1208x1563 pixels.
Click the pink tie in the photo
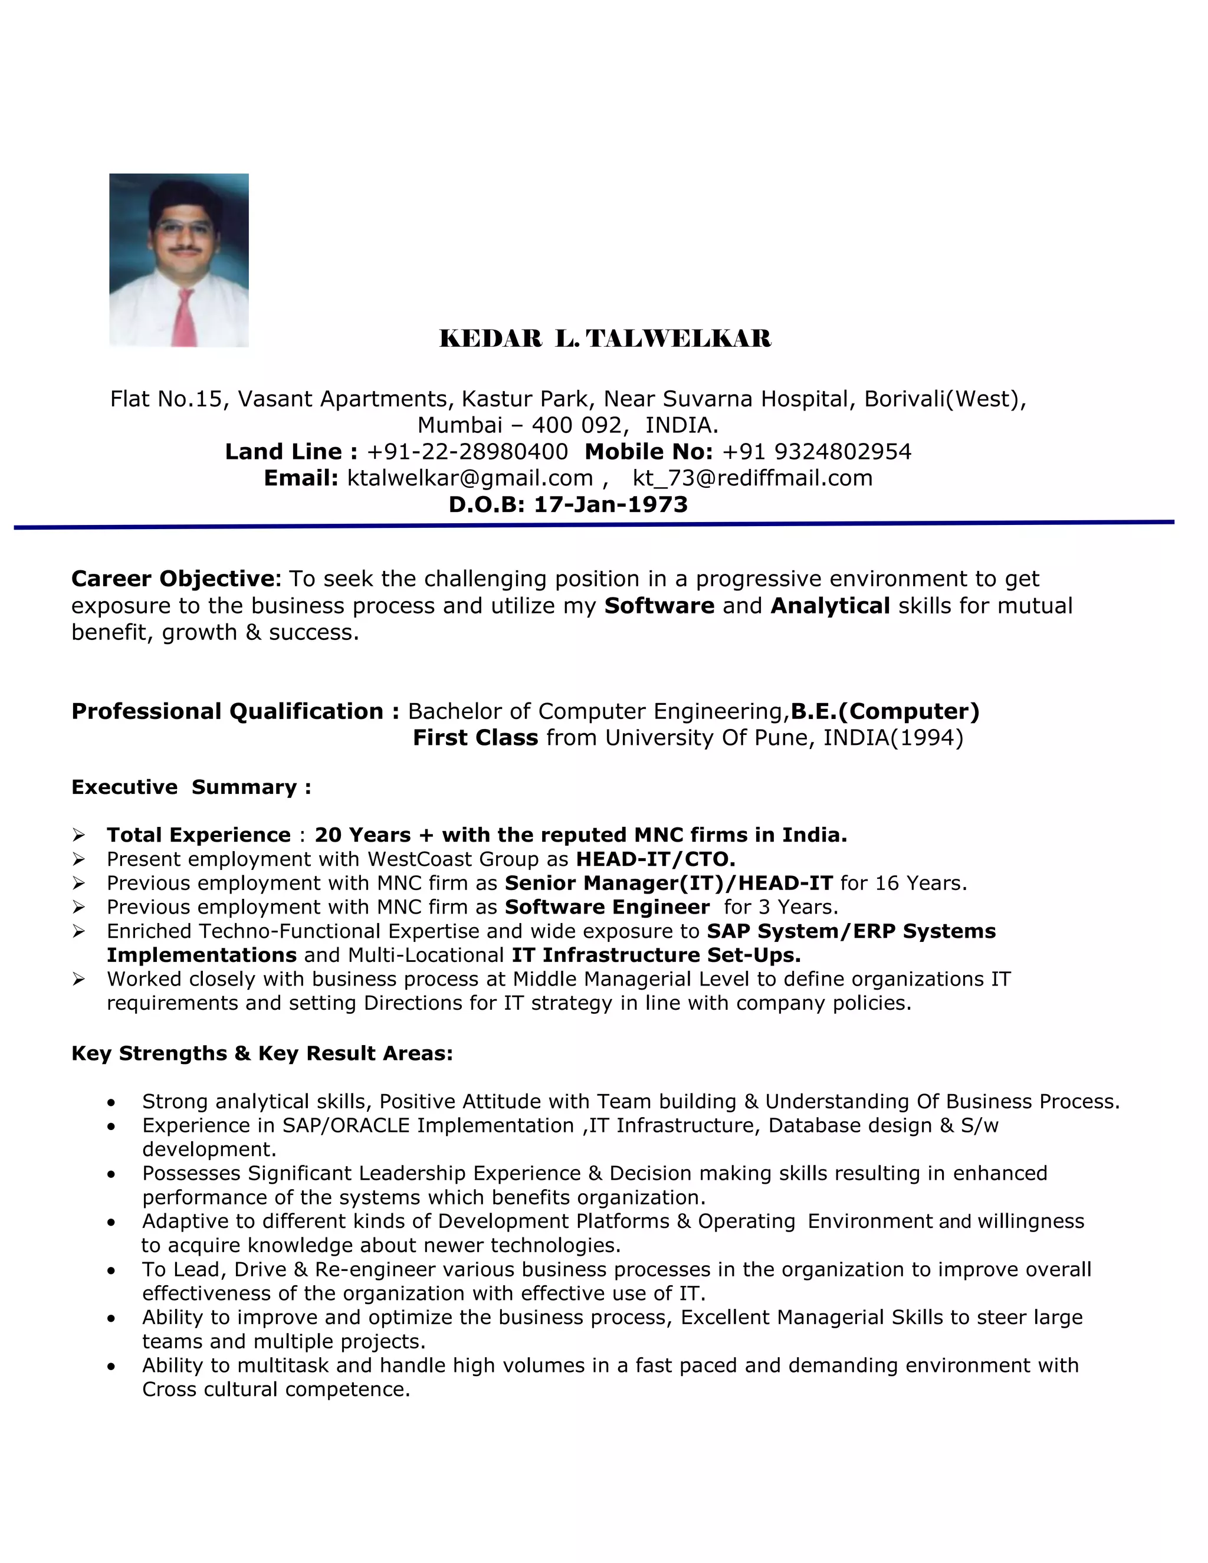click(185, 318)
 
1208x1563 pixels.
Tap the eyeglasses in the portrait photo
click(184, 228)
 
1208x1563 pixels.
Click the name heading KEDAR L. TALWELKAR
click(605, 339)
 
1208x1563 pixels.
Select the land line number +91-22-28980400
click(467, 452)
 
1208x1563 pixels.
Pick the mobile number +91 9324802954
click(816, 452)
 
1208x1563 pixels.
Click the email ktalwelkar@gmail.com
click(470, 478)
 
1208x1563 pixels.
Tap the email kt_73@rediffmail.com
click(752, 478)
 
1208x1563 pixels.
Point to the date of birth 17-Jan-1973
click(610, 504)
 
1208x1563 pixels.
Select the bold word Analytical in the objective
click(830, 606)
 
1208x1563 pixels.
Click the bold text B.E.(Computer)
click(885, 711)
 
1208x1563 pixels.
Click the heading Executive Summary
click(191, 787)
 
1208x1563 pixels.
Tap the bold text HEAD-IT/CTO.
click(655, 859)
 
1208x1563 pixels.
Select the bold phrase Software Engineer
click(607, 908)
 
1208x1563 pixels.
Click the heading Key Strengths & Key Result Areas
click(262, 1053)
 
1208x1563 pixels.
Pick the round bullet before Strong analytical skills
click(111, 1103)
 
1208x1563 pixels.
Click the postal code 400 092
click(576, 425)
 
